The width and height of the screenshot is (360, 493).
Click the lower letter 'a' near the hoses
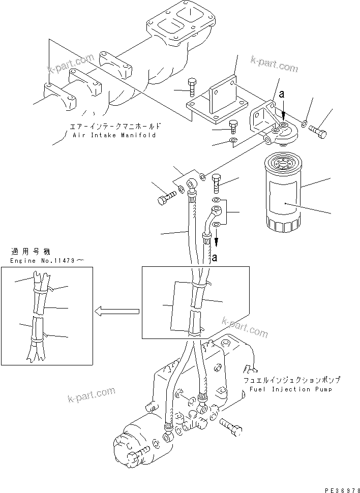215,258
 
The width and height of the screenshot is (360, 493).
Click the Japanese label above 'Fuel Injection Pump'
291,380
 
